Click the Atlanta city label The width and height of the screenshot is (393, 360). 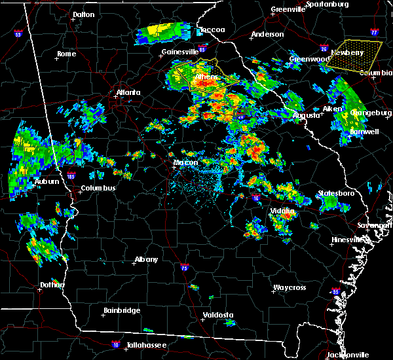(128, 92)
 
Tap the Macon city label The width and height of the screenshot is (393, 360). (185, 163)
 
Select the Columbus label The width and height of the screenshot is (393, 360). (98, 189)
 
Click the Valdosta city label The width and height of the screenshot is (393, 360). (217, 315)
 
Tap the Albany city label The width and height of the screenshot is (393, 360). (146, 259)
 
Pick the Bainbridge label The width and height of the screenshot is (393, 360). (122, 310)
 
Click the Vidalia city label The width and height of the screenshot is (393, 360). (283, 211)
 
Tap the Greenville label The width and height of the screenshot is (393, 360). (288, 10)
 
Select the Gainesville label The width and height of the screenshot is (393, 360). (180, 52)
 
